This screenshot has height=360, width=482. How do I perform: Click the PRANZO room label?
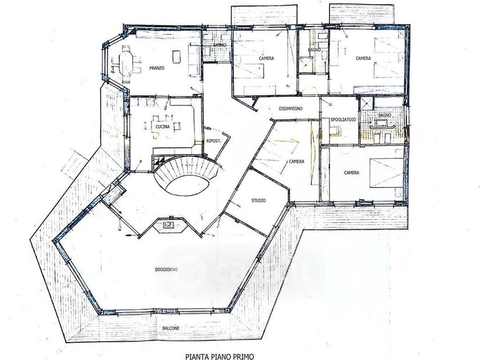(157, 68)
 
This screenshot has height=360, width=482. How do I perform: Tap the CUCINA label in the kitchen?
(162, 127)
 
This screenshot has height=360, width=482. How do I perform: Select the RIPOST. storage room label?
(214, 141)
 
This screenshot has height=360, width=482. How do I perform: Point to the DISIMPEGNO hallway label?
(290, 108)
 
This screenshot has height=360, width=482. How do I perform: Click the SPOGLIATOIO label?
(343, 119)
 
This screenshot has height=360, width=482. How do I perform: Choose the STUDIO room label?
(258, 201)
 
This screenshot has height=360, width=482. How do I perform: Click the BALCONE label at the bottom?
(171, 328)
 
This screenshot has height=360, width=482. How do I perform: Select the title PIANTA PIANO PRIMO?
(220, 357)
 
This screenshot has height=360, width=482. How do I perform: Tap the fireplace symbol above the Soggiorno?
(168, 225)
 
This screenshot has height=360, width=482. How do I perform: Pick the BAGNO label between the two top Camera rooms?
(314, 50)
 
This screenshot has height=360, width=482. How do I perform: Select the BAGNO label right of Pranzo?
(219, 45)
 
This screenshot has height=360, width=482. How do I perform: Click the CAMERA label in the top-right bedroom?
(363, 58)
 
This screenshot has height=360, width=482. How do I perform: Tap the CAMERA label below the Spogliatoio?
(352, 173)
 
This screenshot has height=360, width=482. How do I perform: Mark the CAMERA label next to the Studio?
(297, 161)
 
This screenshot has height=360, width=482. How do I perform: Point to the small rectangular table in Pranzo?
(176, 57)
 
